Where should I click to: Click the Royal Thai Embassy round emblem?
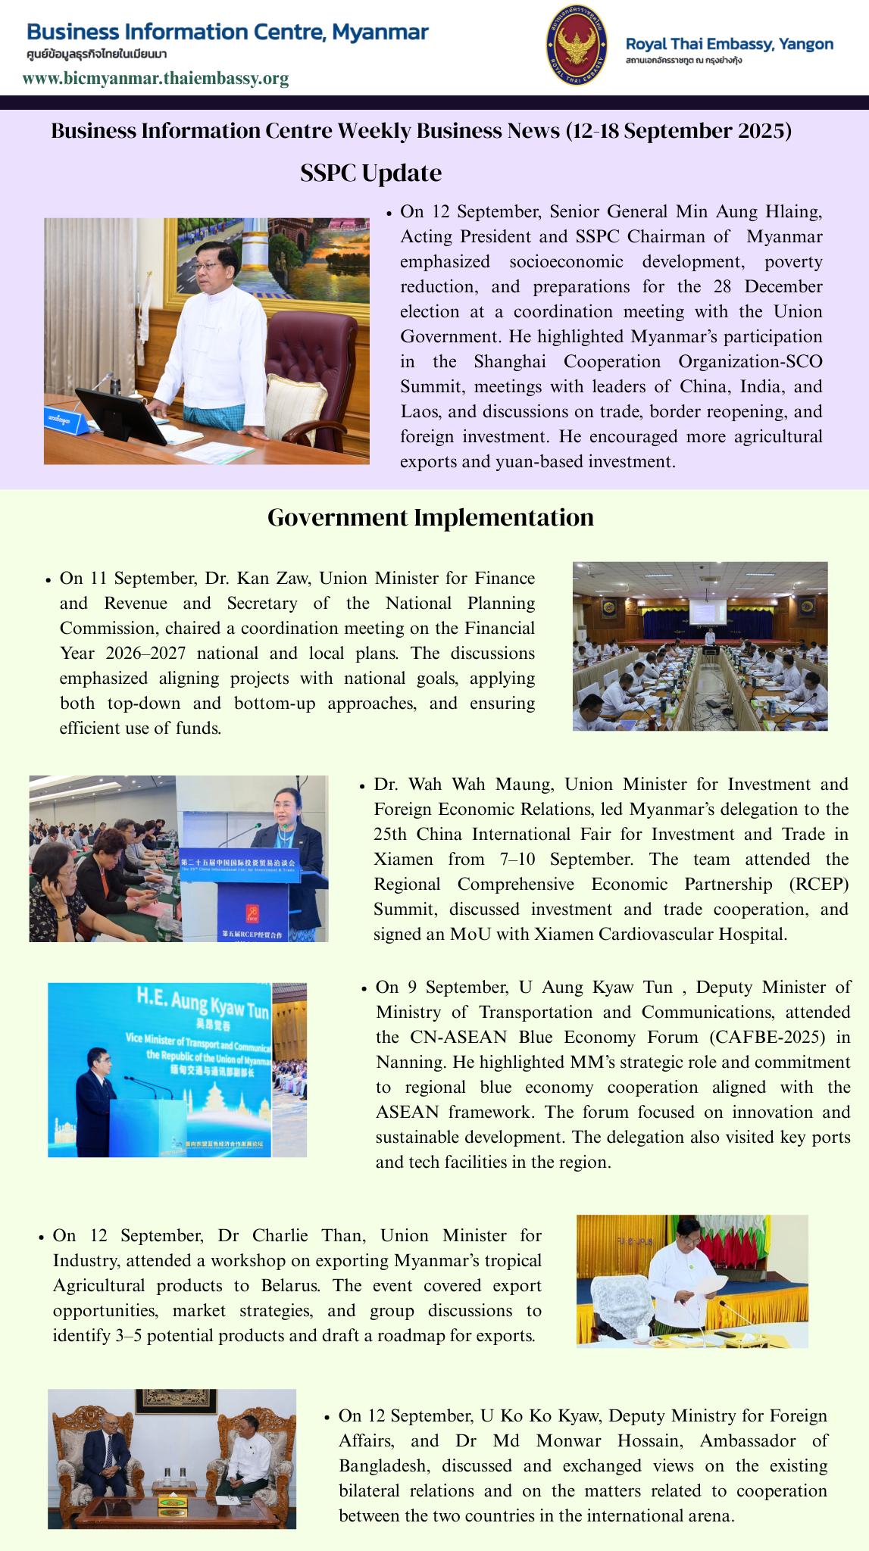577,45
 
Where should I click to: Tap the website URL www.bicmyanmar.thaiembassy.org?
155,79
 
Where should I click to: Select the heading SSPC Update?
370,173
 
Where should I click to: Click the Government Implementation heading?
430,517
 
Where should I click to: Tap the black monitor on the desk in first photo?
121,417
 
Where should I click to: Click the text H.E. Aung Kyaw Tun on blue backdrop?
202,1002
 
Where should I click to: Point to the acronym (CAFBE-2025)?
767,1037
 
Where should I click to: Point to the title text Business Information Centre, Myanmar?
227,33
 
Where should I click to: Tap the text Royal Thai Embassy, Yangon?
729,44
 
